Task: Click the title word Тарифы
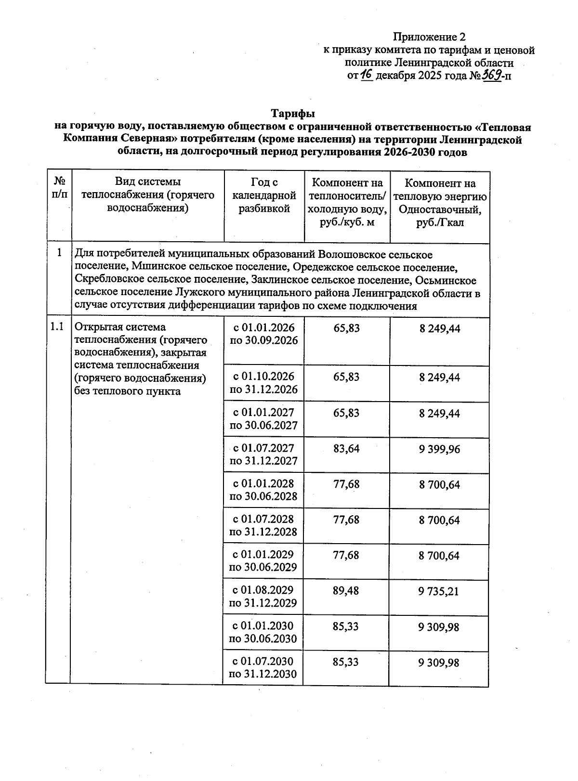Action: (x=293, y=114)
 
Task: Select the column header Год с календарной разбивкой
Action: (x=264, y=195)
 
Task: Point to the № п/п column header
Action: (x=59, y=188)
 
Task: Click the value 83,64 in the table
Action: (x=346, y=449)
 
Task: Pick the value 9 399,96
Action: (x=439, y=449)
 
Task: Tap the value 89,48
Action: (x=346, y=591)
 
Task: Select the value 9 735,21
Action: (x=439, y=591)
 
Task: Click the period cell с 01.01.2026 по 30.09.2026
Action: (x=263, y=334)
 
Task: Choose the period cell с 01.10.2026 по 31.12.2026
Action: (x=263, y=383)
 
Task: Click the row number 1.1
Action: (x=57, y=327)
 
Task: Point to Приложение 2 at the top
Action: (x=429, y=37)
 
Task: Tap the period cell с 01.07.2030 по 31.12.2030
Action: (x=263, y=667)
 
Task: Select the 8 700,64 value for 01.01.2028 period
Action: (x=439, y=485)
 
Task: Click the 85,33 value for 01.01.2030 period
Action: (x=346, y=626)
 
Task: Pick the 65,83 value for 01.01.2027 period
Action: (x=346, y=413)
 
